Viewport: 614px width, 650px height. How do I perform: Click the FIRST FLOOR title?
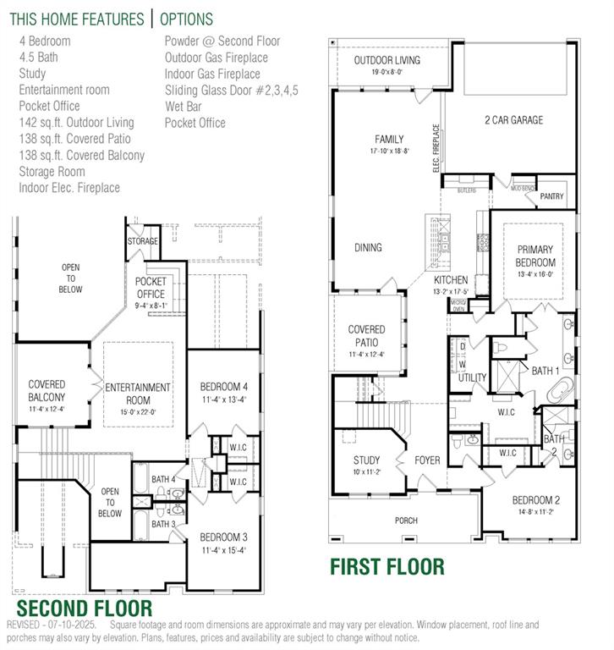coord(386,566)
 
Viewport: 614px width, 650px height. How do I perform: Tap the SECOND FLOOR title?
coord(85,608)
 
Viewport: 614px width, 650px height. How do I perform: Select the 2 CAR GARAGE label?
coord(513,120)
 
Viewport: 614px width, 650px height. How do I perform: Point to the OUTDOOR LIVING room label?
coord(388,60)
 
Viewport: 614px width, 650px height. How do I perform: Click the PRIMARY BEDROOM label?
coord(535,256)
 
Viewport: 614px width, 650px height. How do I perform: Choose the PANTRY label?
coord(551,196)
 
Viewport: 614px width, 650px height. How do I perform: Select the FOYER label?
coord(427,460)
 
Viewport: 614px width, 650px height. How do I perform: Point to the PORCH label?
coord(406,520)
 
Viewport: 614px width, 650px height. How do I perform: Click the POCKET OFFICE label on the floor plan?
coord(151,288)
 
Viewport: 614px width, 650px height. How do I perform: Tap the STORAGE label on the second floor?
coord(143,241)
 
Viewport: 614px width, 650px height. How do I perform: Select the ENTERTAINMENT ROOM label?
coord(138,393)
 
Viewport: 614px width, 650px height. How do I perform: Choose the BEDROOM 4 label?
coord(224,387)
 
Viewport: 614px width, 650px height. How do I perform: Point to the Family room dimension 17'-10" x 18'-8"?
coord(389,151)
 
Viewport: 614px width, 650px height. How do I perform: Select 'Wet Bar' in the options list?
coord(184,106)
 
